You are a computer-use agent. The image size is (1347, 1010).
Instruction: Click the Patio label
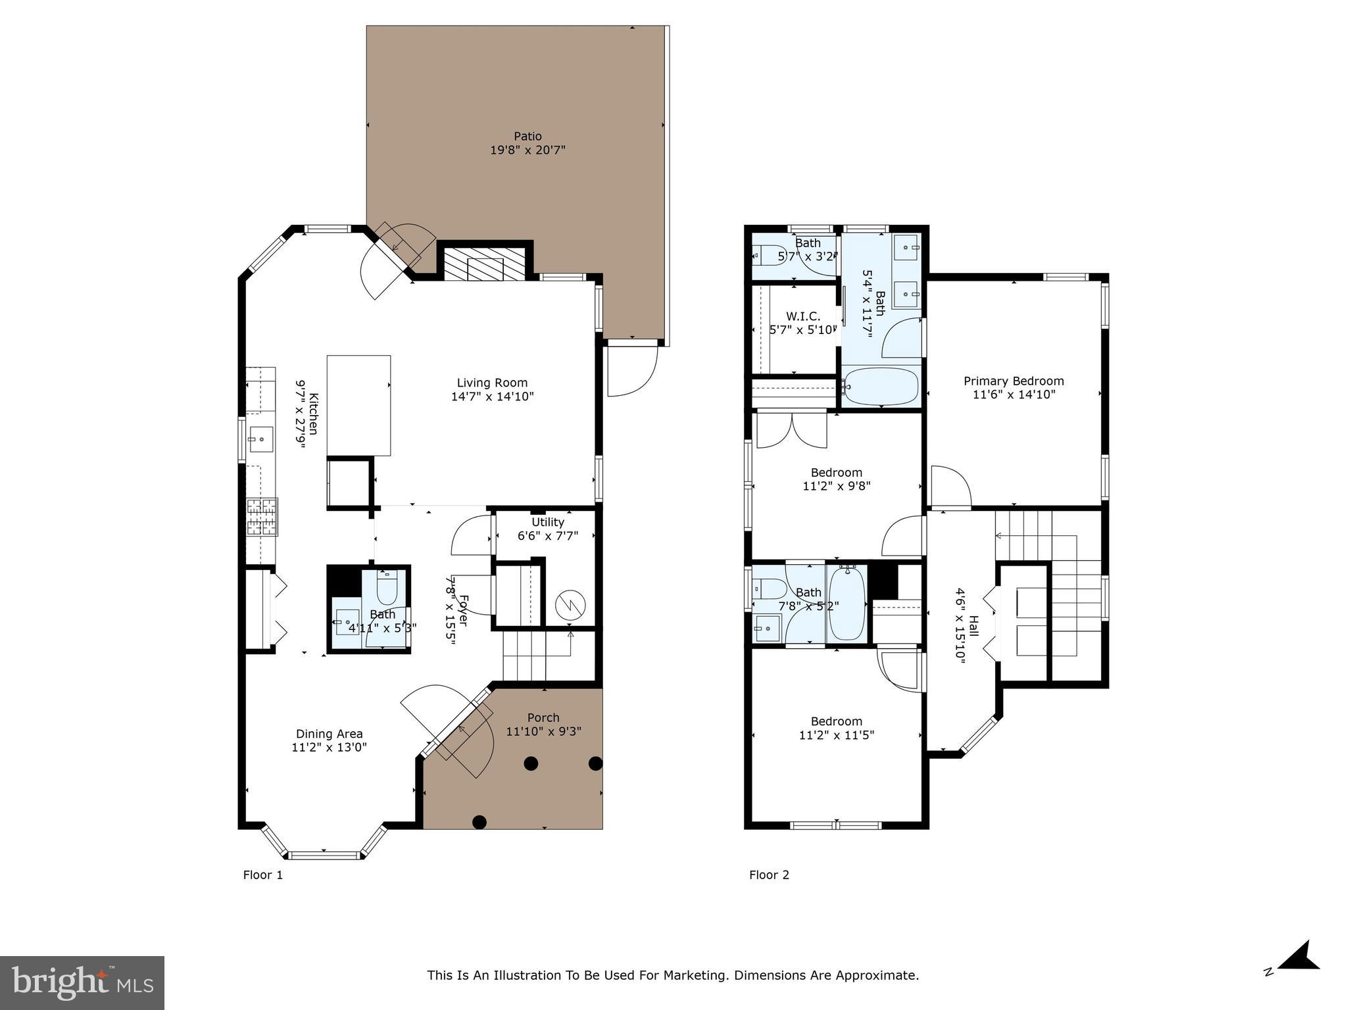click(527, 136)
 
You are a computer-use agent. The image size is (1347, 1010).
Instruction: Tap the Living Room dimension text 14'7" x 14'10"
click(492, 397)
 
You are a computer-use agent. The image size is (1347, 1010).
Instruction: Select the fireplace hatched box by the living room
click(485, 264)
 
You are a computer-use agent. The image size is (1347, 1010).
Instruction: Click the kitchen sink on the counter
click(261, 437)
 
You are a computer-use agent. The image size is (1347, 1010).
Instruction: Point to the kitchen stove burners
click(262, 517)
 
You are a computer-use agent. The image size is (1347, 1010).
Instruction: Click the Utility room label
click(548, 522)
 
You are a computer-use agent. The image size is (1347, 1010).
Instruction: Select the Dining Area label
click(329, 734)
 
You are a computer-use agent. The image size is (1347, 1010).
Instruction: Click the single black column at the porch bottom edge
click(479, 821)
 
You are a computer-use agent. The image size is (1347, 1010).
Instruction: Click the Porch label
click(543, 717)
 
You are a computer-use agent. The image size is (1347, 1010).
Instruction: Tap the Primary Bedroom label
click(1014, 381)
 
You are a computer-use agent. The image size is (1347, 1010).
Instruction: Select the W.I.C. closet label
click(803, 316)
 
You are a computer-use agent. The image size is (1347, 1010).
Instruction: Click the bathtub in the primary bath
click(881, 387)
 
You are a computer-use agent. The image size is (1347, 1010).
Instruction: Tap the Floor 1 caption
click(263, 875)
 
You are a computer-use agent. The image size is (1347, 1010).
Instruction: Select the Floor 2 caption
click(769, 875)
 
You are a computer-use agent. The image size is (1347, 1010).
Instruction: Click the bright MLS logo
click(82, 982)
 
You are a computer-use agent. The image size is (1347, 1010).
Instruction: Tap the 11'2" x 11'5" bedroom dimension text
click(836, 735)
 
